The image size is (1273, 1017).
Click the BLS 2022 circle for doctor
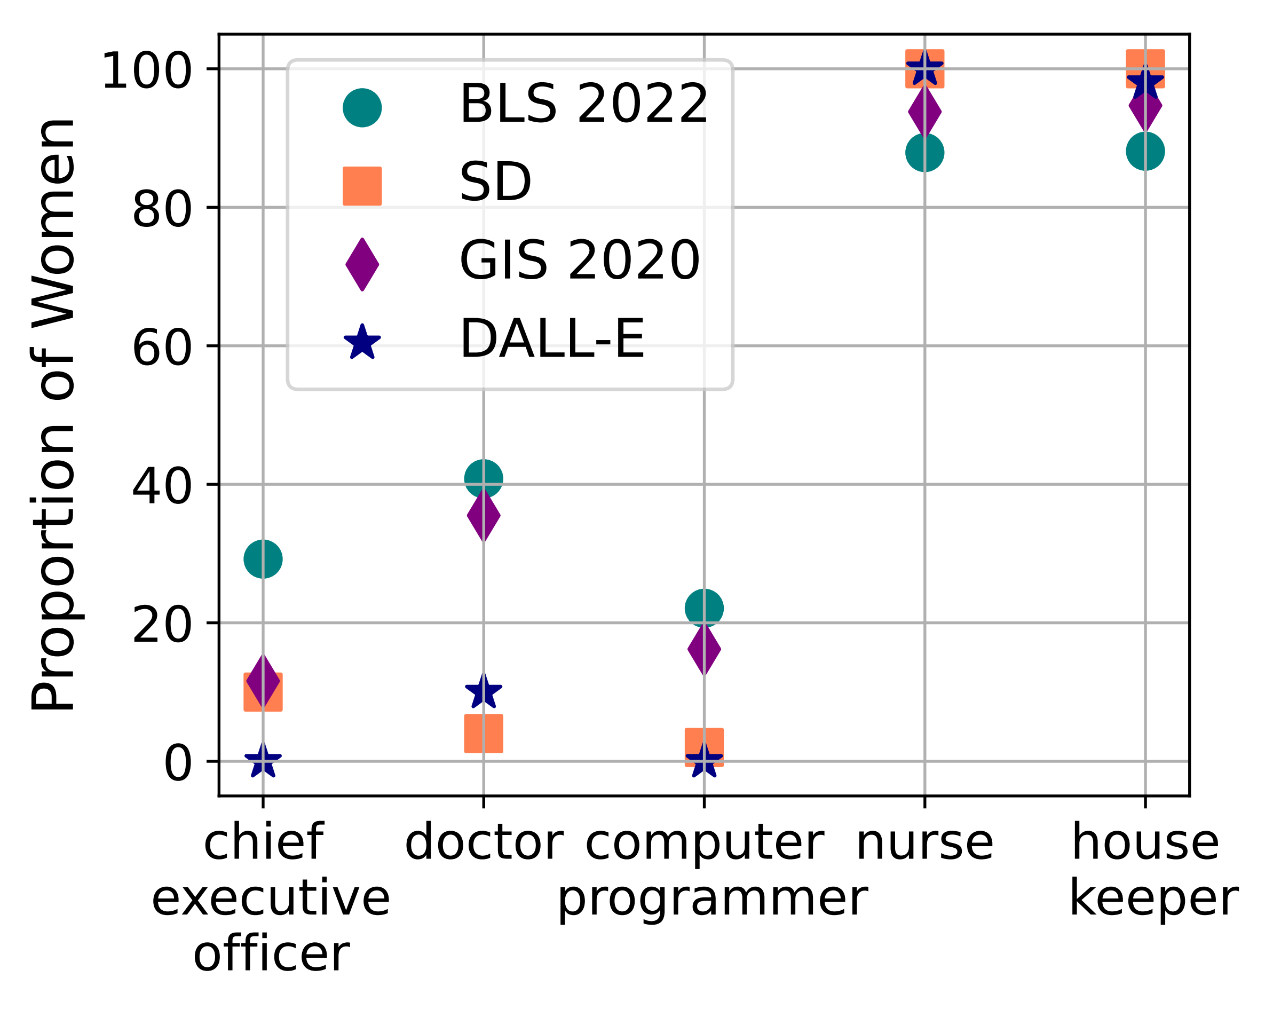pyautogui.click(x=484, y=478)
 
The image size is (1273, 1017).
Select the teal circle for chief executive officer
pyautogui.click(x=263, y=559)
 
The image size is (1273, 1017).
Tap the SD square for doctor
pyautogui.click(x=484, y=734)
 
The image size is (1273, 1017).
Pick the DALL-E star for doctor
pyautogui.click(x=484, y=691)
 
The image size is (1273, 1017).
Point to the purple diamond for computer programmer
pyautogui.click(x=704, y=649)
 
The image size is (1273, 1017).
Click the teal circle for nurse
pyautogui.click(x=924, y=152)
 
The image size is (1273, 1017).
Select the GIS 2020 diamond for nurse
pyautogui.click(x=924, y=112)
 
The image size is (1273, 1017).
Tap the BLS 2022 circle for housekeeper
pyautogui.click(x=1145, y=151)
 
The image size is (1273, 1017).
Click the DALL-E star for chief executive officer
pyautogui.click(x=263, y=761)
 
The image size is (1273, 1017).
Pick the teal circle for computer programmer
pyautogui.click(x=704, y=608)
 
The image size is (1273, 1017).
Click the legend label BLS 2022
pyautogui.click(x=583, y=104)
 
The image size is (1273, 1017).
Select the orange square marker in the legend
pyautogui.click(x=362, y=186)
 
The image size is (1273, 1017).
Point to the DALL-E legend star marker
pyautogui.click(x=362, y=343)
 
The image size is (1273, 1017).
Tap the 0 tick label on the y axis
pyautogui.click(x=177, y=763)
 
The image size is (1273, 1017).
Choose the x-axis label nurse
pyautogui.click(x=924, y=843)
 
